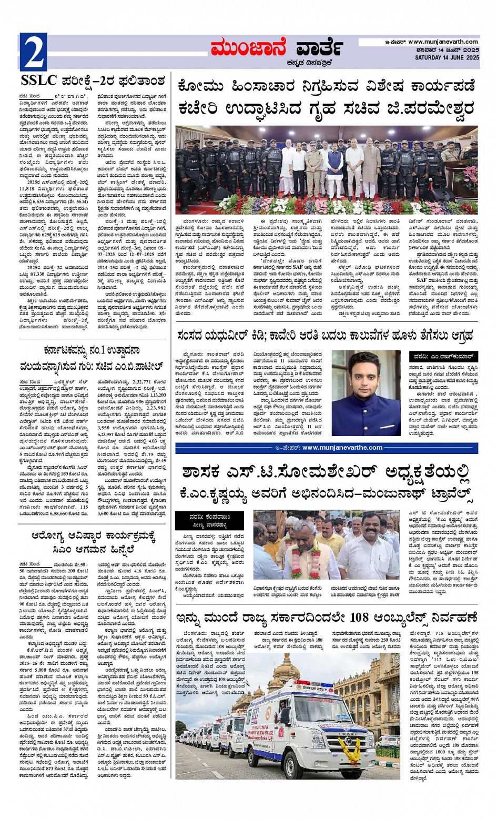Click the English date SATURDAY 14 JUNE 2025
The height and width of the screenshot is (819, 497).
coord(447,57)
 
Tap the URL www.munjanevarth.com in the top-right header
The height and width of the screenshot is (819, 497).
coord(443,42)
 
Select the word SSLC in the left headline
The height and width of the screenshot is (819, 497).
coord(39,81)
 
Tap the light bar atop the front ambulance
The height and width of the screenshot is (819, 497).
coord(313,684)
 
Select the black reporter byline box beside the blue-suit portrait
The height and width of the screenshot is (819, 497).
coord(444,357)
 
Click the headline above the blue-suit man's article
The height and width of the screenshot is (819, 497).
coord(325,336)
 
